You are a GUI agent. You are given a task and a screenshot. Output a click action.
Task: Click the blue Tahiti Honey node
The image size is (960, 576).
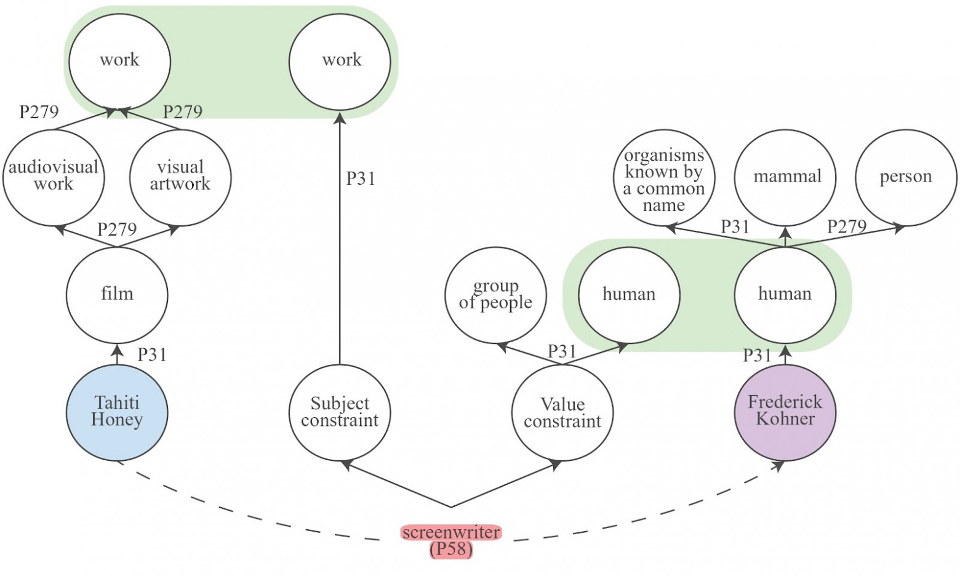point(117,412)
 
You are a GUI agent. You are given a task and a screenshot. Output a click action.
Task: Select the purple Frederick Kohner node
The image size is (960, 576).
point(785,411)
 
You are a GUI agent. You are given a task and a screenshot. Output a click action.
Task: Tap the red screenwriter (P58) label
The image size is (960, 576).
point(451,540)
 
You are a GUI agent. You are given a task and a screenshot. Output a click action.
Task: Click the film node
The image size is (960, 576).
point(117,294)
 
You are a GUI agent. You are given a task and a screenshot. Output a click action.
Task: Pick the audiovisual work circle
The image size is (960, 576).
point(54,177)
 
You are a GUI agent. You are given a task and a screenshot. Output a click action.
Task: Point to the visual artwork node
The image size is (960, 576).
point(180,177)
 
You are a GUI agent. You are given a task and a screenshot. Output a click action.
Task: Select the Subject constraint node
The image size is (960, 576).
point(340,412)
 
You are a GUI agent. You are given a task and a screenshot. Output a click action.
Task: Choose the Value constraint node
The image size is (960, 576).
point(562,412)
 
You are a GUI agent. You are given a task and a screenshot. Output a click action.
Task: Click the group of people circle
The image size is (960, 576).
point(495,295)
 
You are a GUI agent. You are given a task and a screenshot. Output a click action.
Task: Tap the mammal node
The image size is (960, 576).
point(786,177)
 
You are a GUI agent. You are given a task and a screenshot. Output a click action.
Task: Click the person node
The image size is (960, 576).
point(905,177)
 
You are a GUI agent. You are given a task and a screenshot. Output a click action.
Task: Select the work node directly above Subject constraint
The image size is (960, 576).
point(340,60)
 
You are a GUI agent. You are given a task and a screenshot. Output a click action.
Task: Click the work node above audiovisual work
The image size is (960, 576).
point(119,60)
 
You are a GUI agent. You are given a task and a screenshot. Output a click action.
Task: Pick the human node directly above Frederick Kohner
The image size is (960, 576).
point(785,295)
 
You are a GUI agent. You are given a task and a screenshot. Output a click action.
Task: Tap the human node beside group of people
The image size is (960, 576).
point(629,295)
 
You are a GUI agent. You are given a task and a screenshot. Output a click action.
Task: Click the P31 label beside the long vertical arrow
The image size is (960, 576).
point(361,178)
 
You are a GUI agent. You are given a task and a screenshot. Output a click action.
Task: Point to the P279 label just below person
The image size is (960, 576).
point(846,226)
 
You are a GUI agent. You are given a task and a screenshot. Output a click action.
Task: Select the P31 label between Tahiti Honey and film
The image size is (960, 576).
point(151,354)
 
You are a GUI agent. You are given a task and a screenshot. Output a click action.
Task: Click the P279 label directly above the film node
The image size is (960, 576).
point(117,230)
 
